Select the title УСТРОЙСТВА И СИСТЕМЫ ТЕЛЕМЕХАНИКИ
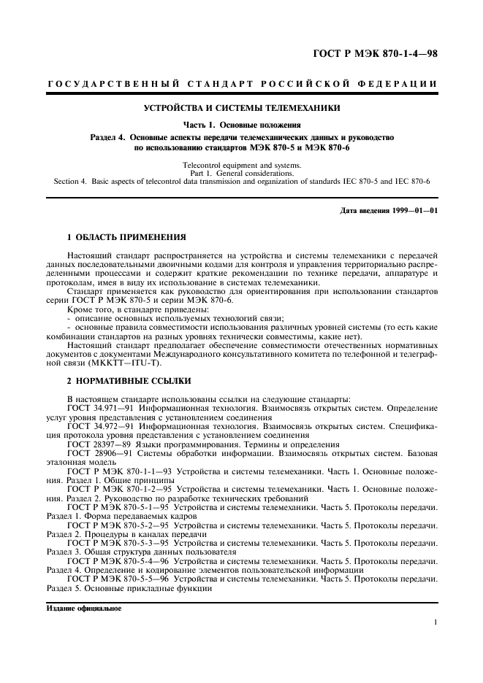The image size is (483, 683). (x=241, y=109)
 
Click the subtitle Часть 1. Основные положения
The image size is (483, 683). (x=241, y=124)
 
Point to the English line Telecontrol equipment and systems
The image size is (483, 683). (x=241, y=166)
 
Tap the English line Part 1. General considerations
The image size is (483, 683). (x=241, y=173)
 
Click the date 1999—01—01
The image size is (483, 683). (x=412, y=211)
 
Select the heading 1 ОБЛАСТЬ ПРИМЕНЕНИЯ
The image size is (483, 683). (x=126, y=238)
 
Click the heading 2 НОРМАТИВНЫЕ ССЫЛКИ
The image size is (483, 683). (x=129, y=381)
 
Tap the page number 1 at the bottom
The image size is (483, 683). (x=435, y=622)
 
